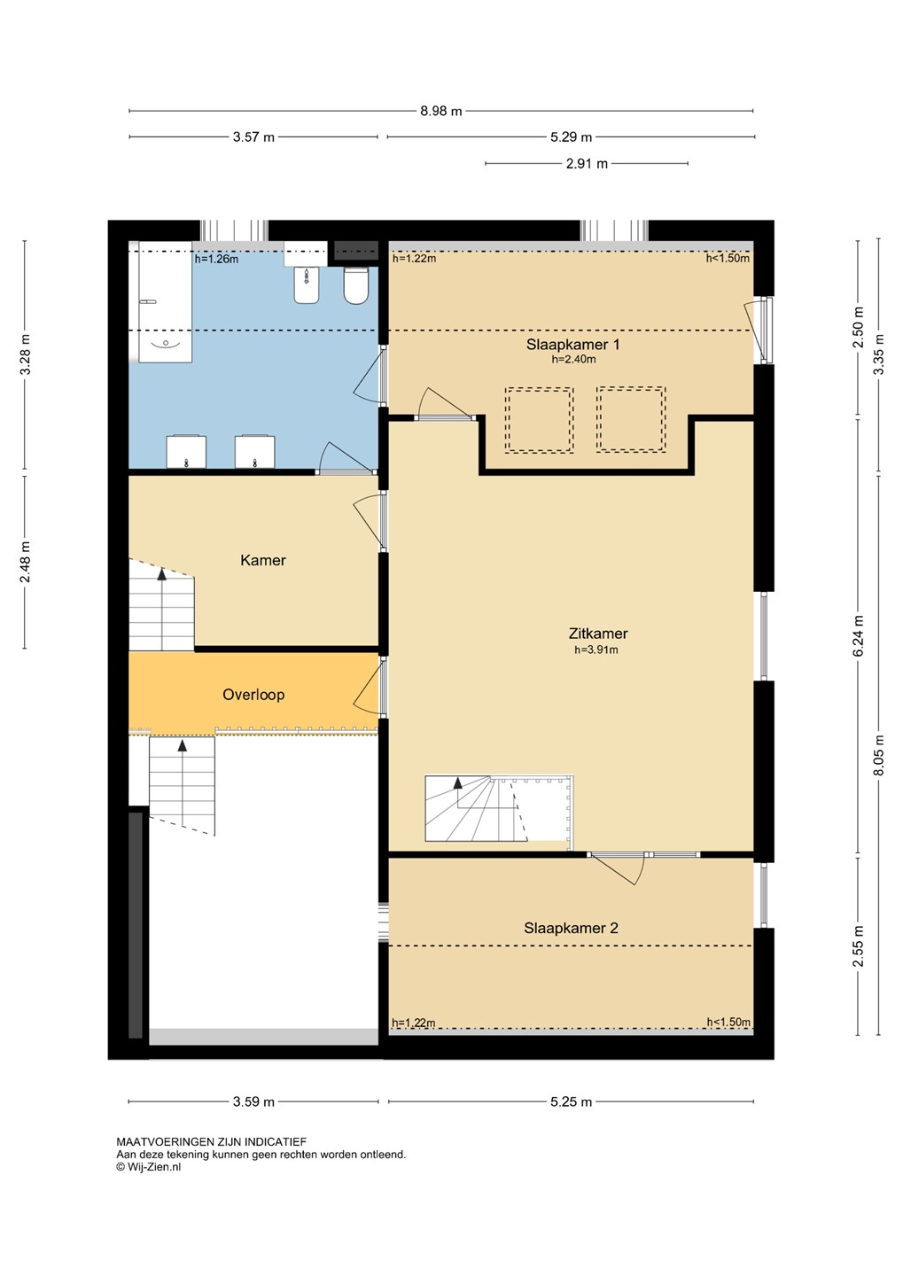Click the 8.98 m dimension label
tap(441, 111)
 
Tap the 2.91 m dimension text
tap(587, 164)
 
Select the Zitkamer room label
tap(598, 634)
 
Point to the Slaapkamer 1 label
tap(572, 345)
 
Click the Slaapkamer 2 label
tap(571, 928)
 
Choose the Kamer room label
tap(262, 561)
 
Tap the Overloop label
tap(253, 695)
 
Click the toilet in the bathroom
tap(356, 285)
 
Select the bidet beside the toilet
tap(307, 285)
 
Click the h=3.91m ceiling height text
tap(596, 650)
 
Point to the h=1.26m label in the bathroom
tap(216, 259)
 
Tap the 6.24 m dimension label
tap(859, 635)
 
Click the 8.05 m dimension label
tap(880, 754)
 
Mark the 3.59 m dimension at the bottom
tap(253, 1102)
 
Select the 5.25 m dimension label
tap(571, 1102)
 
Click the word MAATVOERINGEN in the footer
tap(165, 1142)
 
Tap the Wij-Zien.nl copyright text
tap(149, 1167)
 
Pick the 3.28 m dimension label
tap(26, 355)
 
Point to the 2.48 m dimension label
tap(26, 563)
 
